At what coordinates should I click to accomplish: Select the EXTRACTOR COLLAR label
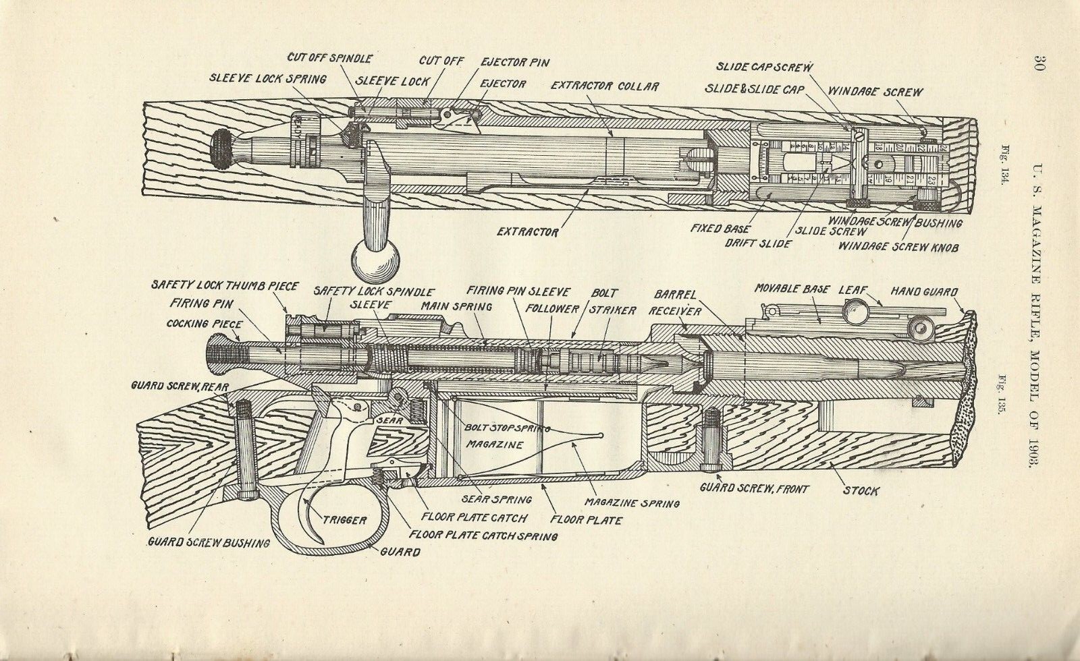[x=605, y=86]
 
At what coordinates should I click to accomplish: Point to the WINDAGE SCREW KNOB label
[x=898, y=247]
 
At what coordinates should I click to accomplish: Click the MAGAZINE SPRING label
[x=632, y=502]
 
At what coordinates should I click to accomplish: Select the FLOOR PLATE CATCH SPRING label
[x=483, y=536]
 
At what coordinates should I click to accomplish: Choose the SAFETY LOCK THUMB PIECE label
[x=225, y=287]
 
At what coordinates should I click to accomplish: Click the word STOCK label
[x=861, y=490]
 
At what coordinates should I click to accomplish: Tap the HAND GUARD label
[x=923, y=291]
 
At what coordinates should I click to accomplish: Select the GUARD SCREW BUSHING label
[x=209, y=542]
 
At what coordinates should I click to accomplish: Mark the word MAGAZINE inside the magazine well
[x=495, y=445]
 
